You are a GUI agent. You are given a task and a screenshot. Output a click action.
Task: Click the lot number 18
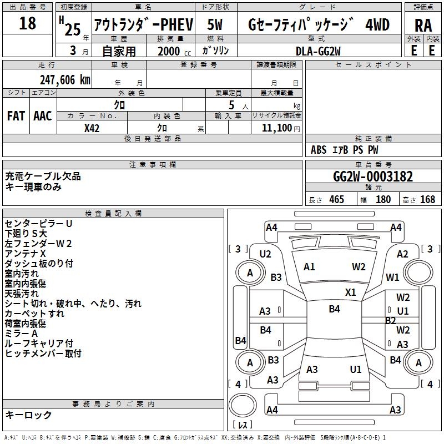[27, 24]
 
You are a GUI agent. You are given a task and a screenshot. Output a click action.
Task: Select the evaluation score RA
[423, 25]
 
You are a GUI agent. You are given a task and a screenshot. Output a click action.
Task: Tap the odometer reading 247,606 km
[65, 80]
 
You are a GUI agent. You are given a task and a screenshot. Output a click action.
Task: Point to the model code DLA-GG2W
[318, 51]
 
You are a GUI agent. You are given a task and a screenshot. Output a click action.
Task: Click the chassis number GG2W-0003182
[373, 176]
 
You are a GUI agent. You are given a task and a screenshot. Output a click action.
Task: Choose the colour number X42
[92, 128]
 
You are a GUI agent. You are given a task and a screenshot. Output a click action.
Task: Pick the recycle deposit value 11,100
[276, 128]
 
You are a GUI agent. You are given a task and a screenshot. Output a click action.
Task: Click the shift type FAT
[16, 115]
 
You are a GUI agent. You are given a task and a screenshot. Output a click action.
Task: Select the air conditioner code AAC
[43, 115]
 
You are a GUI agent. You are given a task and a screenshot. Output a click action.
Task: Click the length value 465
[336, 200]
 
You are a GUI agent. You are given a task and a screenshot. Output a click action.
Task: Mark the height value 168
[427, 200]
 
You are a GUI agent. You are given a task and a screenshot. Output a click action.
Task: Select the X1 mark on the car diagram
[351, 292]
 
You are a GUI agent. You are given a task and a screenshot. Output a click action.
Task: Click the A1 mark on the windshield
[309, 267]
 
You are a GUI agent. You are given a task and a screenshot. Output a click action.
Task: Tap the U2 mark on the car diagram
[265, 254]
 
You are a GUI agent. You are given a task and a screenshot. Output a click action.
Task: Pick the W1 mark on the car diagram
[392, 277]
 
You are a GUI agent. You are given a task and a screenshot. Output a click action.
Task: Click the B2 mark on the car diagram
[390, 320]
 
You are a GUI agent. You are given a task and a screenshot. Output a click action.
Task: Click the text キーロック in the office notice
[28, 415]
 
